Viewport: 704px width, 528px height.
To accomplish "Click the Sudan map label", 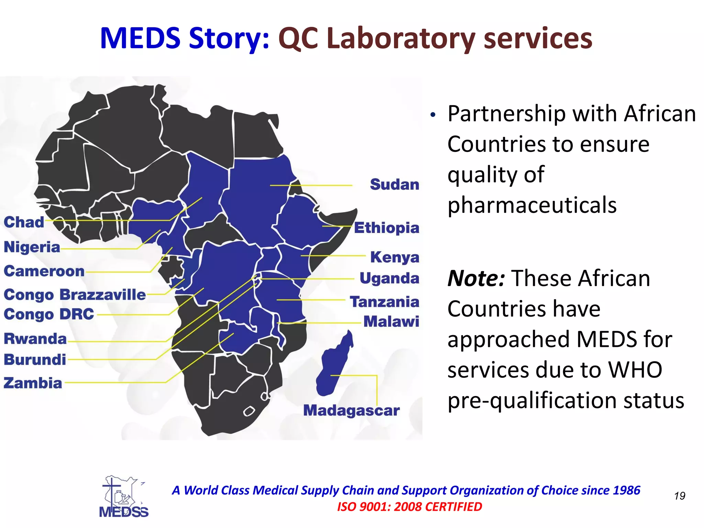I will [x=394, y=185].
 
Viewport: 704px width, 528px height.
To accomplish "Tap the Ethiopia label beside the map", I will [x=386, y=228].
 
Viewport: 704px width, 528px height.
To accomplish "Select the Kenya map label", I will [x=395, y=257].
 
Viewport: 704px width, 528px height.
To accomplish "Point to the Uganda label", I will [x=389, y=278].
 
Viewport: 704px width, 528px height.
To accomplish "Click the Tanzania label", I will [x=384, y=302].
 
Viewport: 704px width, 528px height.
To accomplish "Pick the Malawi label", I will [x=391, y=322].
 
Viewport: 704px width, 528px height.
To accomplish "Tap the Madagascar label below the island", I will [x=351, y=410].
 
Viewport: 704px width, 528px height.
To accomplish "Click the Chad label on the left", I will [x=24, y=222].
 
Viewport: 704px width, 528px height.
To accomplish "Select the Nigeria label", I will [x=32, y=247].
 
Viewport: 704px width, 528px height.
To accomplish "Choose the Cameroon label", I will [x=44, y=271].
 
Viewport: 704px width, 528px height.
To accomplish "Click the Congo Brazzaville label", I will [x=75, y=295].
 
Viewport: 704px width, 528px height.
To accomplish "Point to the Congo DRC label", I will [x=49, y=314].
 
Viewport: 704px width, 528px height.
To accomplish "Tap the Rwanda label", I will [x=35, y=339].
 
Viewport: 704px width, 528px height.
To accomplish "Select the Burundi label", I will [x=35, y=360].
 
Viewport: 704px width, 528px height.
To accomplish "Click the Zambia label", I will [x=33, y=383].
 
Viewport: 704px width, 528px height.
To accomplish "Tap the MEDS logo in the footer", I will [x=124, y=496].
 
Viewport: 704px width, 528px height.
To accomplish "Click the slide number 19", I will [x=680, y=496].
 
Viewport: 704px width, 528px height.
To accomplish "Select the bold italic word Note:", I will [x=476, y=278].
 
